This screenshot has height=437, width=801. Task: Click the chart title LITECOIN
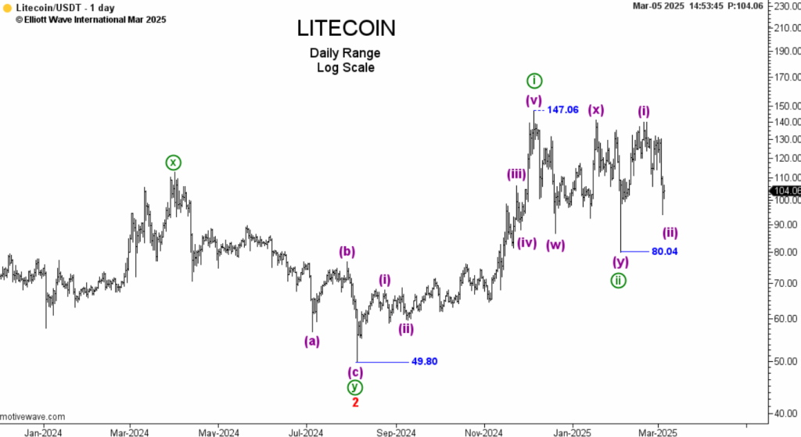click(x=346, y=28)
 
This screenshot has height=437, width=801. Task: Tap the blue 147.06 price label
click(x=562, y=109)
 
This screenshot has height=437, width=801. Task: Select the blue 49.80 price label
click(x=424, y=361)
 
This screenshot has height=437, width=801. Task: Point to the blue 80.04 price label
click(x=664, y=251)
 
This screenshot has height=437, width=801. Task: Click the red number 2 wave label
click(x=355, y=402)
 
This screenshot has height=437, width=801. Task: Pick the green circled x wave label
click(x=173, y=163)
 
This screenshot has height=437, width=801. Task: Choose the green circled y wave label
click(x=355, y=387)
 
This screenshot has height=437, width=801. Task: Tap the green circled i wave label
click(x=533, y=81)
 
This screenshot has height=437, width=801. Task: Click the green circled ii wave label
click(x=618, y=281)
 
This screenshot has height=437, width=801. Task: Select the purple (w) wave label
click(x=556, y=245)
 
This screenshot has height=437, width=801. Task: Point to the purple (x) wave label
click(x=596, y=109)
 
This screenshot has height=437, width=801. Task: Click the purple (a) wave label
click(x=311, y=340)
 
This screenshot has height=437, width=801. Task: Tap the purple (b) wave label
click(x=347, y=252)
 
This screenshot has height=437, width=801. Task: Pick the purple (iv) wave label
click(x=526, y=242)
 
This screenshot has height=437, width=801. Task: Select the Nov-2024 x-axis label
click(x=483, y=432)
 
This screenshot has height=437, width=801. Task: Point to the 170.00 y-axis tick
click(x=784, y=78)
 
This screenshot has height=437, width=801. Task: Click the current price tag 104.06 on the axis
click(x=785, y=191)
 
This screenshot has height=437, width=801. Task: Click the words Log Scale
click(x=345, y=67)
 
